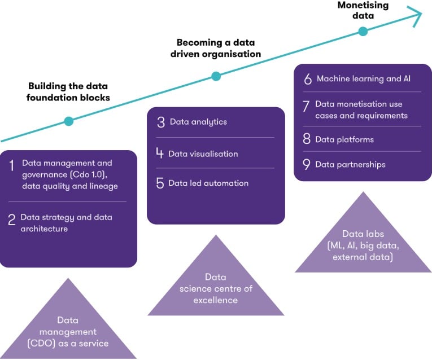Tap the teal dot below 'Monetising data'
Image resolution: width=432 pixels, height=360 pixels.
pyautogui.click(x=363, y=32)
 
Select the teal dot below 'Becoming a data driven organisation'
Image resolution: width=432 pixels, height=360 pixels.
pyautogui.click(x=215, y=76)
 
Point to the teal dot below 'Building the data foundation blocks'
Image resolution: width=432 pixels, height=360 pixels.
pyautogui.click(x=69, y=121)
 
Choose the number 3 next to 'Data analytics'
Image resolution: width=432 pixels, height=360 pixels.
pyautogui.click(x=160, y=122)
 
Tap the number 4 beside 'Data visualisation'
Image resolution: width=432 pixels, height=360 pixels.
pyautogui.click(x=160, y=153)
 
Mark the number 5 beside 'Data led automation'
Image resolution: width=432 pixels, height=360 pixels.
pyautogui.click(x=160, y=183)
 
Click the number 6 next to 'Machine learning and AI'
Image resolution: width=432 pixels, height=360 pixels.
pyautogui.click(x=308, y=79)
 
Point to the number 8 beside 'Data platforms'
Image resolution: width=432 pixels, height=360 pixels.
pyautogui.click(x=307, y=139)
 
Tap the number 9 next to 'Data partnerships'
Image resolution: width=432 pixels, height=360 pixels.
pyautogui.click(x=307, y=165)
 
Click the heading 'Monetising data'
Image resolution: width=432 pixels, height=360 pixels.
pyautogui.click(x=363, y=10)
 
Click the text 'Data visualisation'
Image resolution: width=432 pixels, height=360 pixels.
pyautogui.click(x=203, y=153)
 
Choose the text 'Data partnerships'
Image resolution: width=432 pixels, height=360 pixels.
pyautogui.click(x=350, y=165)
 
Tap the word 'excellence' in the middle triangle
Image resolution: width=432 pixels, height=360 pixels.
pyautogui.click(x=216, y=300)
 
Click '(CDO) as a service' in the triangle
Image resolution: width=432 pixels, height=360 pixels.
pyautogui.click(x=68, y=343)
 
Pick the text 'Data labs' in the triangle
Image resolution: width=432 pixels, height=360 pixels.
pyautogui.click(x=363, y=234)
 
